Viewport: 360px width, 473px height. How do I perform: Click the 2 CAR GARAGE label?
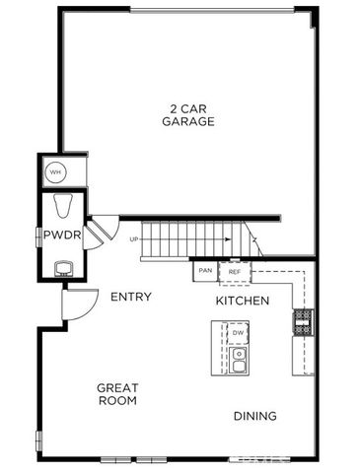point(187,114)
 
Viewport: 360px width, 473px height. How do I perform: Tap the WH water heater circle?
point(56,170)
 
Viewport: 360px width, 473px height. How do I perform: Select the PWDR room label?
point(55,235)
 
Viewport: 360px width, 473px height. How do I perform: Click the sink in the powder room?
point(63,267)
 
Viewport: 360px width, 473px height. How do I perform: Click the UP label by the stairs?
point(133,238)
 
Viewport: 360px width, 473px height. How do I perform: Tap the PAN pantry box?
point(205,270)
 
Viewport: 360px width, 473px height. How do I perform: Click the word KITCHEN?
point(243,300)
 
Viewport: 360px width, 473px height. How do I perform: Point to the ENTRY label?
point(130,297)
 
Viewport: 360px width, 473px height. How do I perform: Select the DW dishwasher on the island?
point(239,333)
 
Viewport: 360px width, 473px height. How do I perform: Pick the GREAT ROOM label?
point(116,394)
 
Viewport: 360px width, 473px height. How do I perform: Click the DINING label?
point(254,416)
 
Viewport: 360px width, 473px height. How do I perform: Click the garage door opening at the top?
point(211,10)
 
